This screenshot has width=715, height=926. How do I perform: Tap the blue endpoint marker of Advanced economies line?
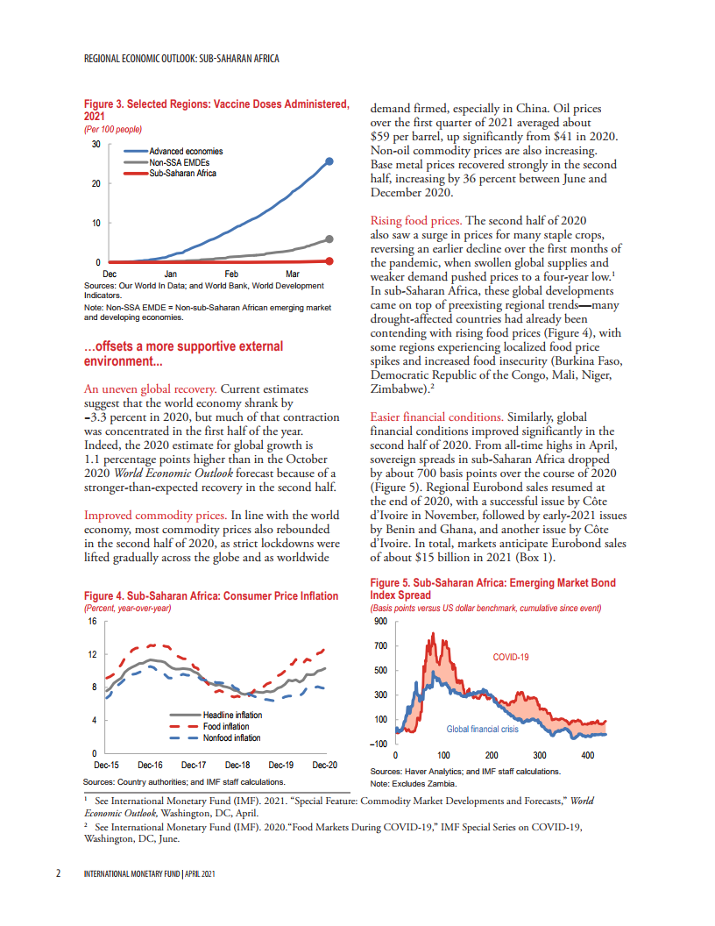pyautogui.click(x=329, y=161)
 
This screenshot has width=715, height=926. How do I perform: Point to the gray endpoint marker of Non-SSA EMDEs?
pyautogui.click(x=329, y=239)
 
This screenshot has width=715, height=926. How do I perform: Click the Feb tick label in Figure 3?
pyautogui.click(x=231, y=274)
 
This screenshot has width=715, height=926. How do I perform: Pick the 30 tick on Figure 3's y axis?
pyautogui.click(x=96, y=144)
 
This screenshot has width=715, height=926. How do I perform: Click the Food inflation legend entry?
pyautogui.click(x=225, y=727)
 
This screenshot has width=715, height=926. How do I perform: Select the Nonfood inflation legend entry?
pyautogui.click(x=231, y=738)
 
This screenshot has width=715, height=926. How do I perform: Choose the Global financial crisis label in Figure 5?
pyautogui.click(x=482, y=730)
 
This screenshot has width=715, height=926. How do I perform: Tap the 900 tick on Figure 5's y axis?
pyautogui.click(x=379, y=622)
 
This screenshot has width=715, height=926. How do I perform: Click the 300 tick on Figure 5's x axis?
pyautogui.click(x=540, y=755)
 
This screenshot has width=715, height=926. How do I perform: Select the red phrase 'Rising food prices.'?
pyautogui.click(x=417, y=220)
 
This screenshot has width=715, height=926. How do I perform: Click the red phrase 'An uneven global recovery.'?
pyautogui.click(x=150, y=388)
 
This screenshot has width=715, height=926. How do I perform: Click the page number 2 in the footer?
pyautogui.click(x=58, y=874)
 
